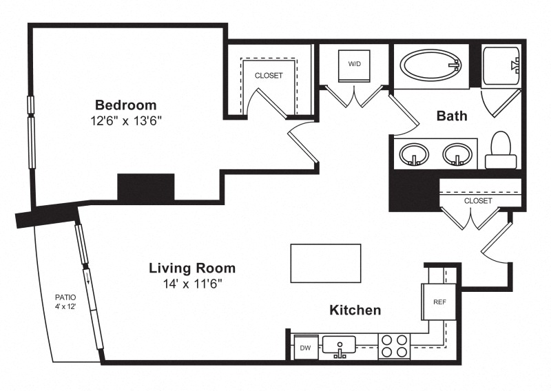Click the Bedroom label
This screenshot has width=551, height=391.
(x=126, y=105)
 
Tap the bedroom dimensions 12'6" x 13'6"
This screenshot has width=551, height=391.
(x=126, y=121)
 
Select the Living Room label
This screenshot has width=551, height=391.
(x=192, y=268)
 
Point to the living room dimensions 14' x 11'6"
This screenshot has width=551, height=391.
(x=192, y=284)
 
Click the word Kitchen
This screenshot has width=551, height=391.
(x=355, y=310)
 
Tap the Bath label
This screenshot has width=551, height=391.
(x=452, y=116)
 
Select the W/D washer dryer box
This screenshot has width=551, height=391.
(x=354, y=65)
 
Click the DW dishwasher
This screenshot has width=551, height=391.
(x=306, y=348)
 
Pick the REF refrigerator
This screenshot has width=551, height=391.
(x=439, y=302)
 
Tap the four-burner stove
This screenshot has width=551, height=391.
(x=394, y=346)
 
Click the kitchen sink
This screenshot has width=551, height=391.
(x=339, y=346)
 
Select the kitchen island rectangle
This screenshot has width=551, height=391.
(x=326, y=263)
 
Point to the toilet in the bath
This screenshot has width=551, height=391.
(x=501, y=150)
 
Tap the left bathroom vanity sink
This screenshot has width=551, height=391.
(x=414, y=154)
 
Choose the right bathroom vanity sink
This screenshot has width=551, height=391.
(x=457, y=154)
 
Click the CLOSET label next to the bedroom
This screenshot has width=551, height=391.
(x=269, y=76)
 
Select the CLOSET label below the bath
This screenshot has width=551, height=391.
(x=478, y=201)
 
